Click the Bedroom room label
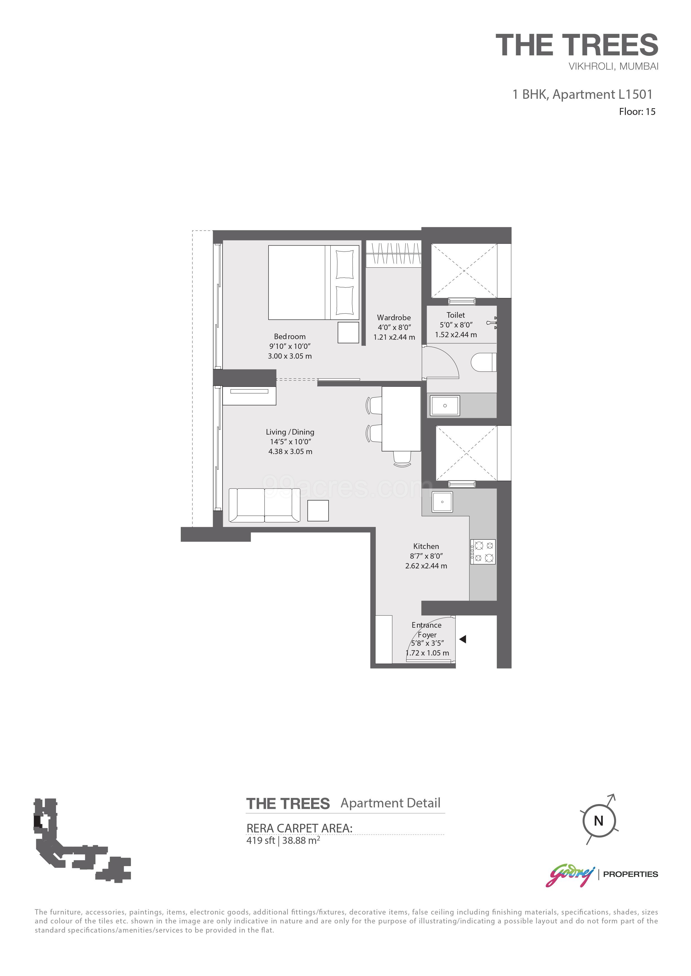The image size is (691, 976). coord(289,336)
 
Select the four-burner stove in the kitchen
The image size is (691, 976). coord(483,552)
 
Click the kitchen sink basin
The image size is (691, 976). coord(443,502)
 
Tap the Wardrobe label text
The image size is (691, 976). coord(394,317)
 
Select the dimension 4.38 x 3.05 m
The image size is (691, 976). coord(290,452)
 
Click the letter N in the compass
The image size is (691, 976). coord(598,821)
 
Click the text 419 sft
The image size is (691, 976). coord(260,841)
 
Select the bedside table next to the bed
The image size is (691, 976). coord(348,332)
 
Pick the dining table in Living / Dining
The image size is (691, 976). coord(401,419)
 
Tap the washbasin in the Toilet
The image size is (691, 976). coord(445,406)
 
